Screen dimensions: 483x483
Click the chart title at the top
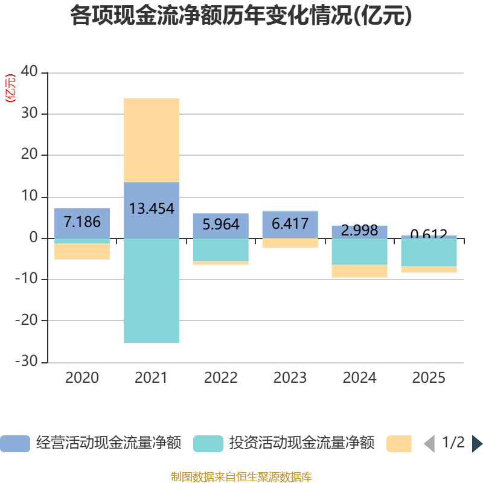click(x=241, y=16)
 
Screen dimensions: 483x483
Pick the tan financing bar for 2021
click(x=151, y=139)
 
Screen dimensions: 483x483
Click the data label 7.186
click(x=82, y=222)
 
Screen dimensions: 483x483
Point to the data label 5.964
click(x=221, y=225)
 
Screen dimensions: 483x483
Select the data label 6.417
click(x=290, y=224)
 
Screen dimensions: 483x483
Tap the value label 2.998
click(x=359, y=230)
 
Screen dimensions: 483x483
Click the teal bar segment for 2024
click(x=359, y=251)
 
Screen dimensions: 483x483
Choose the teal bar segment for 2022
click(x=221, y=250)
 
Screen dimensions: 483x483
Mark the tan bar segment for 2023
click(x=290, y=243)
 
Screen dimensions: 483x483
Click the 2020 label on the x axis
click(x=82, y=378)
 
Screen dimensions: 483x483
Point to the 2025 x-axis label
click(x=429, y=378)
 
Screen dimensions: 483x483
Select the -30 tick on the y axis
click(x=27, y=362)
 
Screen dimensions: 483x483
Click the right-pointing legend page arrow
click(x=477, y=444)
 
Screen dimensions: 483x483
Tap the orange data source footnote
click(x=241, y=477)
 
